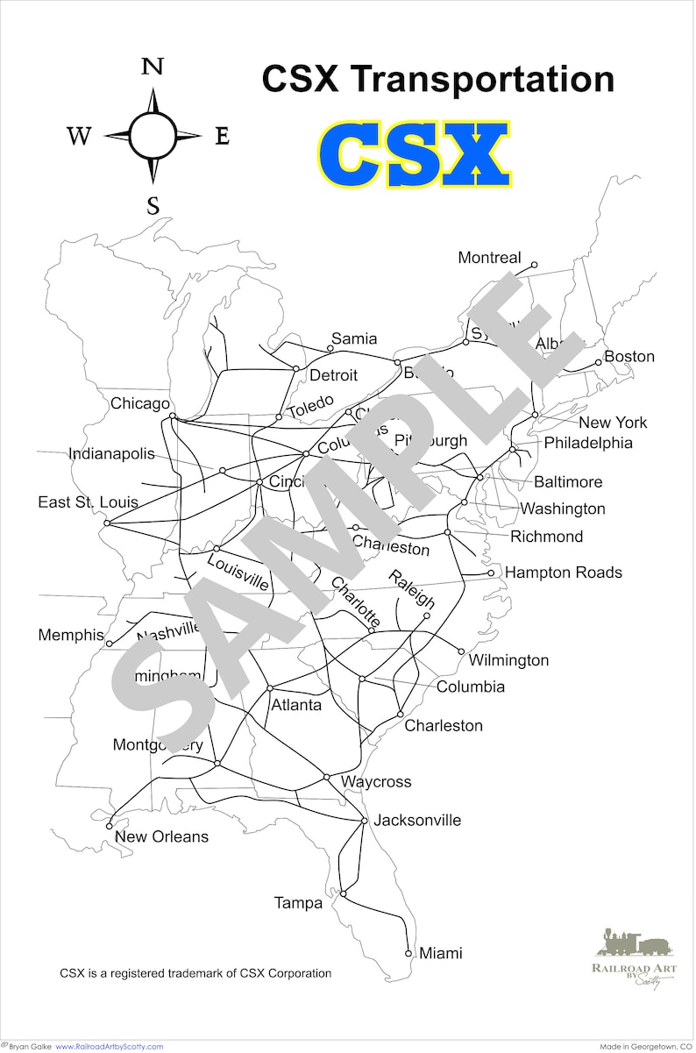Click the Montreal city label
click(x=489, y=258)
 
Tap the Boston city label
click(x=629, y=357)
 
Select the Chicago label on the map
click(x=140, y=404)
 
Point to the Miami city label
click(x=441, y=953)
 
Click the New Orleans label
click(x=162, y=836)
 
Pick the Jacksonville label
click(x=417, y=821)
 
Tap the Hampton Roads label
click(x=564, y=573)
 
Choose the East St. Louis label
click(x=88, y=502)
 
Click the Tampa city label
click(x=299, y=903)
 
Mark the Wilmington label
click(x=508, y=660)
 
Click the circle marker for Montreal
click(x=534, y=264)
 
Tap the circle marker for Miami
click(x=408, y=953)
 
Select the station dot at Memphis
click(x=110, y=644)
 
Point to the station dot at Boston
click(x=599, y=362)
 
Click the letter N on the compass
click(x=153, y=68)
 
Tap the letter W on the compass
click(x=79, y=136)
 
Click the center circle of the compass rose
click(x=153, y=135)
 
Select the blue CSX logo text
click(x=414, y=155)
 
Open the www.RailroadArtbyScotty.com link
click(x=110, y=1047)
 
